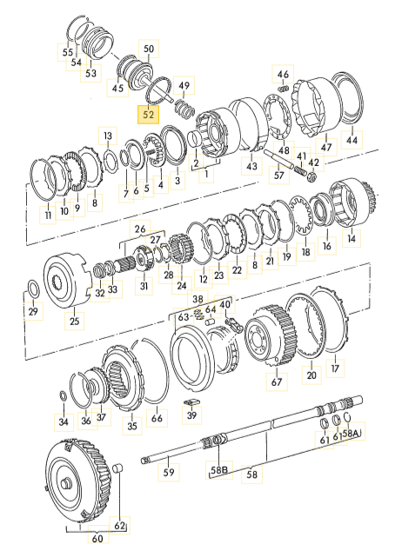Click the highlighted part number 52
[x=148, y=114]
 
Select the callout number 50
[x=149, y=49]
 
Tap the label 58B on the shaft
[x=218, y=469]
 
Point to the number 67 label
[x=277, y=382]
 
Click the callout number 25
[x=75, y=321]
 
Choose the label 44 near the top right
[x=352, y=140]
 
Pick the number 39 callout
[x=191, y=415]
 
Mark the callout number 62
[x=119, y=525]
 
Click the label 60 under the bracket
[x=97, y=538]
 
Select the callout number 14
[x=352, y=238]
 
